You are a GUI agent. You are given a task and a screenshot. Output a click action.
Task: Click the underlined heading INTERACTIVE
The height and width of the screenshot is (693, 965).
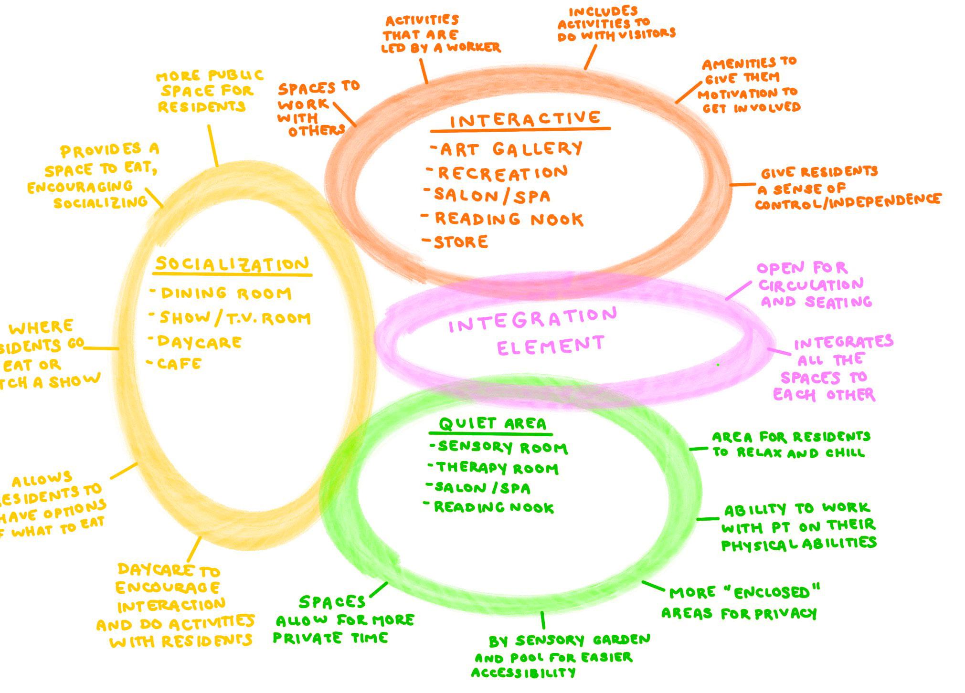(525, 119)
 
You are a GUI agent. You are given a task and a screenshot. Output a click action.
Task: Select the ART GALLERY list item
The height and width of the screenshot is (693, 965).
(511, 149)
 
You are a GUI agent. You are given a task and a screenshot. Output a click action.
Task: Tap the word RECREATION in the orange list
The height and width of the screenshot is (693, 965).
(503, 173)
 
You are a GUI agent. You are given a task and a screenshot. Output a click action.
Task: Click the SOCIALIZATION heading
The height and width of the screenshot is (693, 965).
(233, 264)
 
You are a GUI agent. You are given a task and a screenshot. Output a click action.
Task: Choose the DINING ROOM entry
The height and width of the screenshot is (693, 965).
(226, 293)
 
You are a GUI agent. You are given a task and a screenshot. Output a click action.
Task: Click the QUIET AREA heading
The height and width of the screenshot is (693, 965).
(492, 423)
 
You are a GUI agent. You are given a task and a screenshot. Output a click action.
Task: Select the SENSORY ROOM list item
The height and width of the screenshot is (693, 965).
(503, 447)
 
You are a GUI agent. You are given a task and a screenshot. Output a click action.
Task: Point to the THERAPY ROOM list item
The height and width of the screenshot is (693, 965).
(497, 468)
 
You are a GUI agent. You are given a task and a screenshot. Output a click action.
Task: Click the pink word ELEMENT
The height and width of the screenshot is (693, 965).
(551, 345)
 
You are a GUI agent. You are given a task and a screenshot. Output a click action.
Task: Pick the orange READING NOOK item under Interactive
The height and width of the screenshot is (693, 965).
(509, 219)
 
